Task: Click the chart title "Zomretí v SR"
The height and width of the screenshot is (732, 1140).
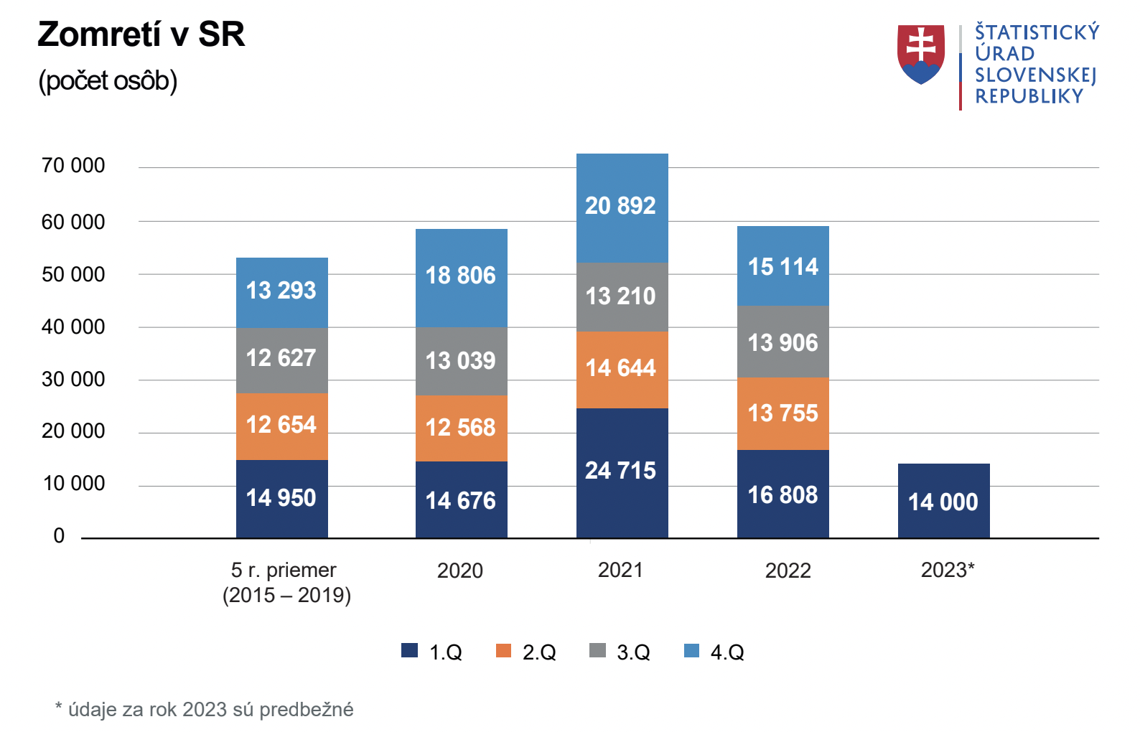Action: coord(141,34)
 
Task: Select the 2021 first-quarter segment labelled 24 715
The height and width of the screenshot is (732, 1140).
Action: coord(622,471)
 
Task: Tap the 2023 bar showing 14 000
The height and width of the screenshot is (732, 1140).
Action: coord(943,501)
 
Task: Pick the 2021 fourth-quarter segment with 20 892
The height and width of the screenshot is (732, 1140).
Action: coord(622,207)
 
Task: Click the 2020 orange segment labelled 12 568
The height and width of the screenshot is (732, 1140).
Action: coord(461,428)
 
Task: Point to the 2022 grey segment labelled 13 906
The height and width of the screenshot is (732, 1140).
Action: coord(782,342)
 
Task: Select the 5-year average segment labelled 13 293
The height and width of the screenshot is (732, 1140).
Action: coord(281,291)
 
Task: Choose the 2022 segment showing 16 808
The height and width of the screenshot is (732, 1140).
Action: coord(782,494)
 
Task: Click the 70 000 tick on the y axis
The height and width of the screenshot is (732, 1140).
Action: coord(73,166)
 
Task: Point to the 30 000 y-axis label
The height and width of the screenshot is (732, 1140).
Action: coord(73,379)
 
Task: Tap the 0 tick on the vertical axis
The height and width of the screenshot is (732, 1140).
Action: coord(59,536)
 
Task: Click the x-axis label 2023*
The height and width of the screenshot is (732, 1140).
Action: coord(948,570)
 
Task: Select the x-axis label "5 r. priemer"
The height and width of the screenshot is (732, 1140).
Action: coord(284,571)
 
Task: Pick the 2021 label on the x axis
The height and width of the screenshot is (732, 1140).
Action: coord(620,570)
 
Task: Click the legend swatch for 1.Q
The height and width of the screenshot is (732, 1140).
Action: coord(409,650)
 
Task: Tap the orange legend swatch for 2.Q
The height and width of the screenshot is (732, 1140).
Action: coord(503,650)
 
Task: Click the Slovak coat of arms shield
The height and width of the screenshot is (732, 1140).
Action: coord(920,54)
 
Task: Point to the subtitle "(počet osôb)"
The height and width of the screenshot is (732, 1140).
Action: coord(108,80)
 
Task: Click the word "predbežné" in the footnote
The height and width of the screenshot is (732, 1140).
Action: coord(307,709)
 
